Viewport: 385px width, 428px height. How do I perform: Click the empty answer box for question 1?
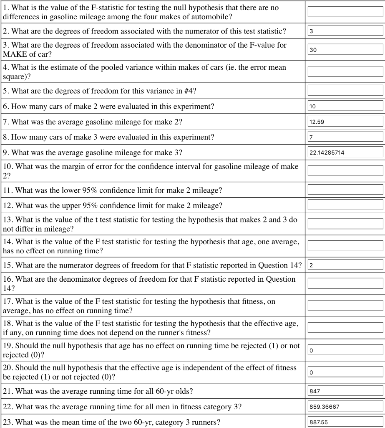[x=345, y=12]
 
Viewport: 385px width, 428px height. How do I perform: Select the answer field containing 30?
[x=345, y=50]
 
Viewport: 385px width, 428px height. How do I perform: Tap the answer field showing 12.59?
[x=345, y=122]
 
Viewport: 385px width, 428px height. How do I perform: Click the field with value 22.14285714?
[x=345, y=152]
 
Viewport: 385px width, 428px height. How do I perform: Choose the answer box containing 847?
[x=345, y=391]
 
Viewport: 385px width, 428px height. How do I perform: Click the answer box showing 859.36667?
[x=345, y=406]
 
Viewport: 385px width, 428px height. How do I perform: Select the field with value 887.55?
[x=345, y=422]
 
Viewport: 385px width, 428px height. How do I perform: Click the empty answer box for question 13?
[x=345, y=224]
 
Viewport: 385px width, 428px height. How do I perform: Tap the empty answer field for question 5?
[x=345, y=90]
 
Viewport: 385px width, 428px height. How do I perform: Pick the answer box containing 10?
[x=345, y=106]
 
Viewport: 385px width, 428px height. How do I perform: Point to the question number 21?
[x=8, y=391]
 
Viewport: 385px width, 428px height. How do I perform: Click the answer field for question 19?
[x=345, y=350]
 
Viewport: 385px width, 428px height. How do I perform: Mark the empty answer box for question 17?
[x=345, y=306]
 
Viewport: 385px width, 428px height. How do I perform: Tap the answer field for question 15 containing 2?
[x=345, y=265]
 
